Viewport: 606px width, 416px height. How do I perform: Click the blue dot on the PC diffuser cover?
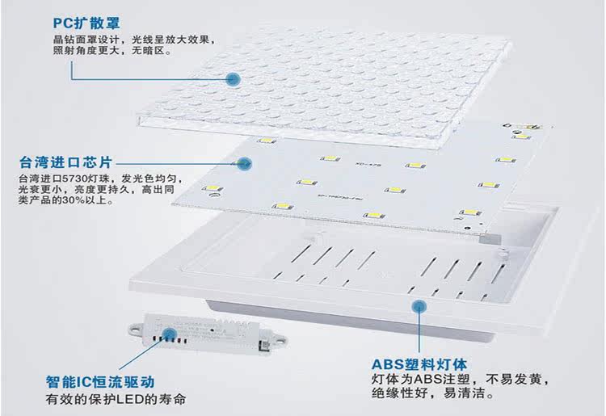coord(233,79)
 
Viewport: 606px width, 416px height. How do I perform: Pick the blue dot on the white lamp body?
coord(419,307)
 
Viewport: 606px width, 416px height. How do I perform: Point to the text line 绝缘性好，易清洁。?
coord(433,396)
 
